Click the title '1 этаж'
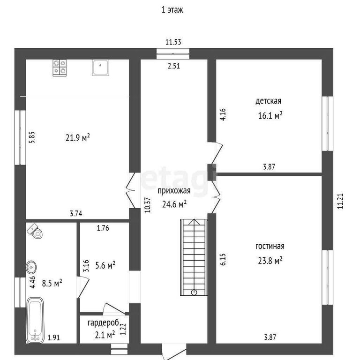click(172, 10)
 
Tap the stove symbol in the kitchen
click(60, 67)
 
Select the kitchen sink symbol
click(101, 67)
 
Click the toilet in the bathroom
click(35, 231)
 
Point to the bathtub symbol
click(35, 320)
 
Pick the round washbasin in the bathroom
click(31, 267)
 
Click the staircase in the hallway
click(194, 257)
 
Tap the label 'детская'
click(269, 101)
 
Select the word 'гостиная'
click(270, 246)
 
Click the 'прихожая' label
click(174, 191)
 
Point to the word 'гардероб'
click(103, 323)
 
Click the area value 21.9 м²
click(78, 138)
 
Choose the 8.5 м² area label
click(52, 283)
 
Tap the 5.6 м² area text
click(105, 265)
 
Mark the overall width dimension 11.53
click(173, 42)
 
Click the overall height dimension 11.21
click(340, 201)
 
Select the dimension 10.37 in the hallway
click(148, 205)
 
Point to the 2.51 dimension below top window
click(174, 66)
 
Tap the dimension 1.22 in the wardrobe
click(123, 329)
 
